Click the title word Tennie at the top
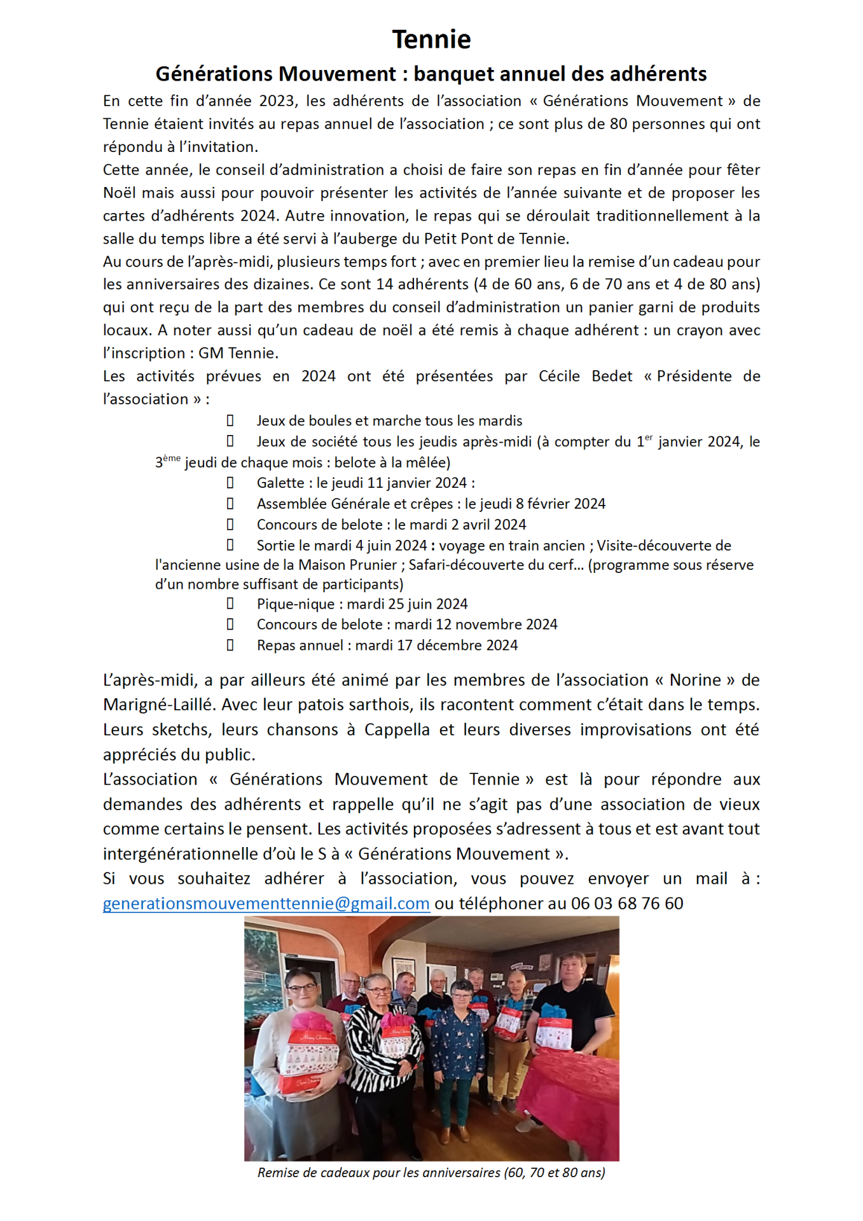(431, 39)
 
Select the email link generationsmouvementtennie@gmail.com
(266, 903)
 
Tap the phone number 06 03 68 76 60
(627, 903)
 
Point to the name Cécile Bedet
(585, 376)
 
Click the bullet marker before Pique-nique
(230, 604)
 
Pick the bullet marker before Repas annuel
(230, 645)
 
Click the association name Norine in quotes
(695, 680)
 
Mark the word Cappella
(397, 729)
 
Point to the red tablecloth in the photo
(572, 1100)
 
